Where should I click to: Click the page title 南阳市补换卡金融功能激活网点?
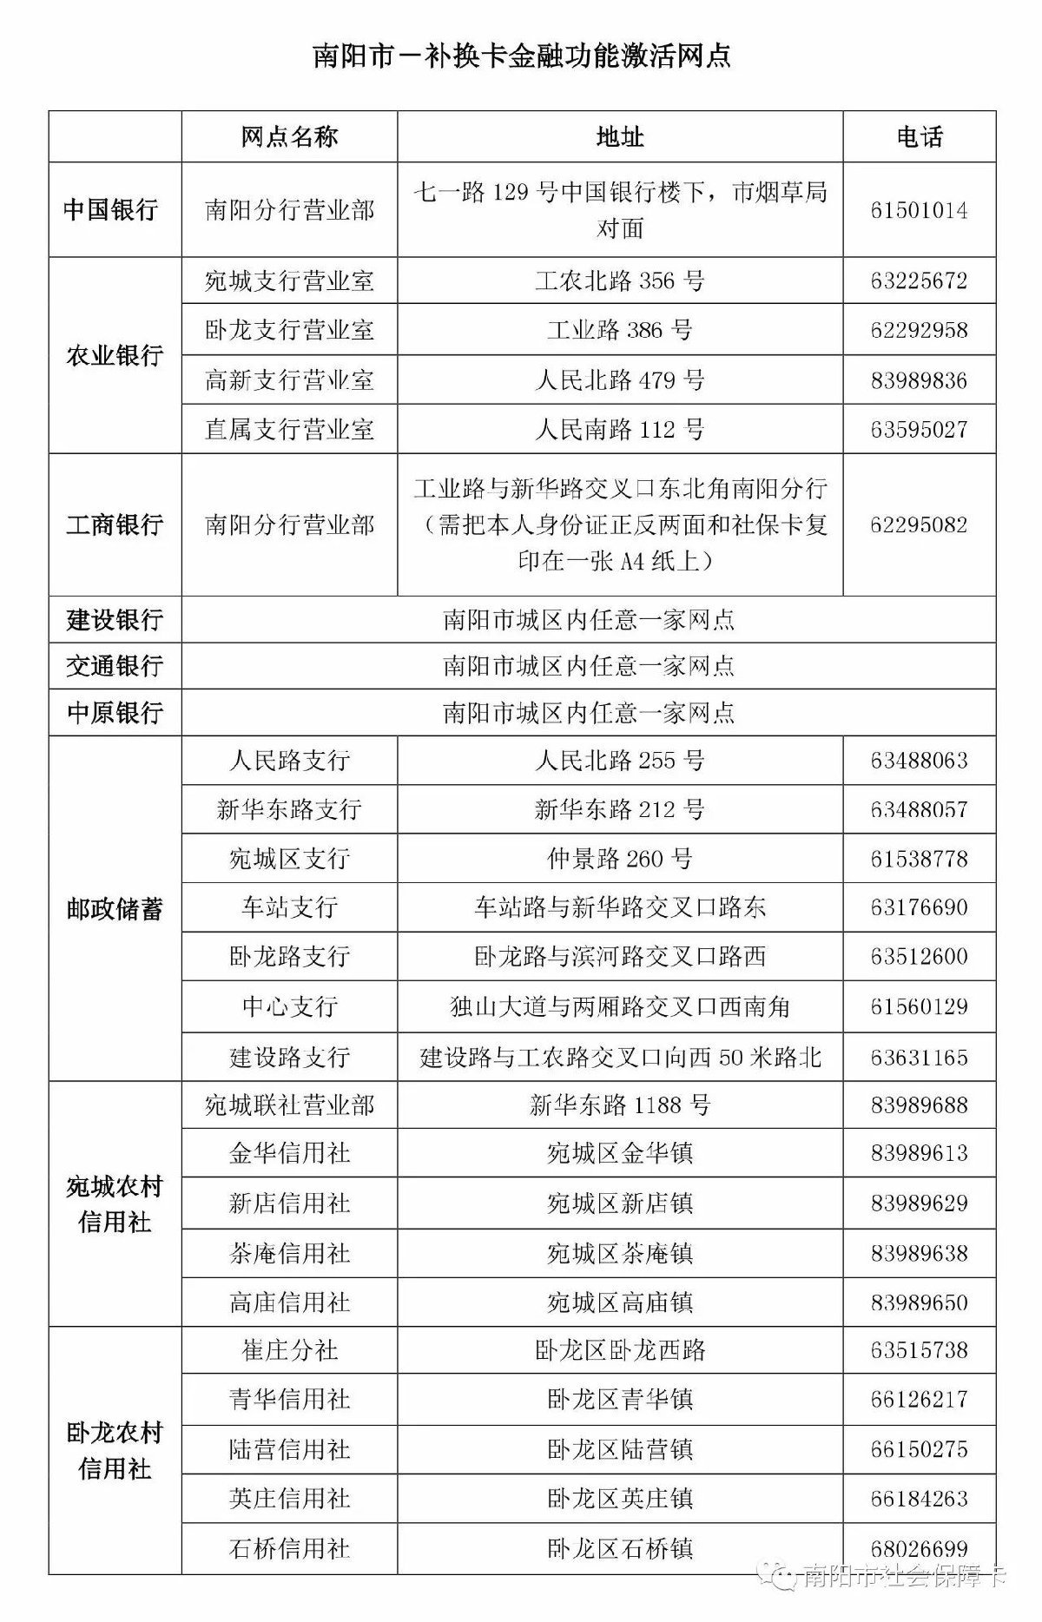pyautogui.click(x=521, y=56)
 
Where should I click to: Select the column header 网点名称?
pyautogui.click(x=289, y=137)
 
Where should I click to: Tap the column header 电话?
pyautogui.click(x=919, y=137)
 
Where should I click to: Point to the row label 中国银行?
pyautogui.click(x=115, y=210)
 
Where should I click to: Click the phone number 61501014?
pyautogui.click(x=919, y=211)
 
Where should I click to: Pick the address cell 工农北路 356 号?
pyautogui.click(x=619, y=281)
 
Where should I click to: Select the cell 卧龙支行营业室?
pyautogui.click(x=289, y=330)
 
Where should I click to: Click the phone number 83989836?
pyautogui.click(x=919, y=380)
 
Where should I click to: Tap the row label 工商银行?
pyautogui.click(x=115, y=525)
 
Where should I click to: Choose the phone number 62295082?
pyautogui.click(x=919, y=525)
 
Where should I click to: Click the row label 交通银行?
pyautogui.click(x=115, y=666)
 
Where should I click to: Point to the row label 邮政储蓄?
pyautogui.click(x=115, y=909)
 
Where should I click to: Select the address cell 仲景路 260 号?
pyautogui.click(x=619, y=859)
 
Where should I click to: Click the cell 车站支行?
pyautogui.click(x=289, y=908)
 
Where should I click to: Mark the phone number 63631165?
pyautogui.click(x=919, y=1058)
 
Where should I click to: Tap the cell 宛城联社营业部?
pyautogui.click(x=289, y=1105)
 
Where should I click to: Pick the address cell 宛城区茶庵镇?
pyautogui.click(x=619, y=1253)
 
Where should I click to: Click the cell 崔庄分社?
pyautogui.click(x=289, y=1350)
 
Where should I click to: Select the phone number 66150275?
pyautogui.click(x=919, y=1449)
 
